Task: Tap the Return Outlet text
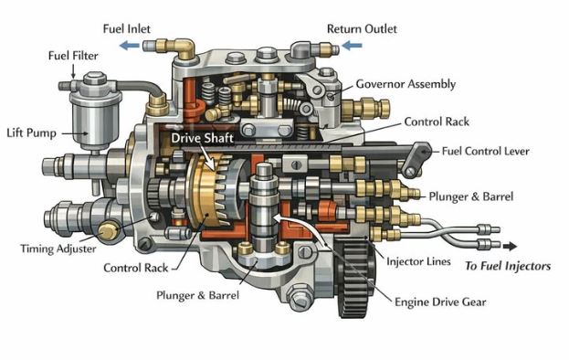pos(362,28)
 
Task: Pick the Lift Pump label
pos(30,133)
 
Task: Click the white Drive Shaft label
pos(201,138)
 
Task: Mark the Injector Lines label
pos(417,262)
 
